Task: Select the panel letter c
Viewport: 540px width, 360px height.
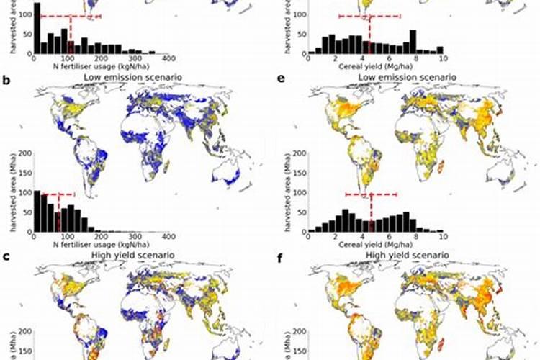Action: coord(6,256)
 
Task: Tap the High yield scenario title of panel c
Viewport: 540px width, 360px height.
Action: coord(125,256)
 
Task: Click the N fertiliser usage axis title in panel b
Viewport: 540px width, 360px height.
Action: coord(101,244)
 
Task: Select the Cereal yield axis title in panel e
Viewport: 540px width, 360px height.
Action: coord(374,244)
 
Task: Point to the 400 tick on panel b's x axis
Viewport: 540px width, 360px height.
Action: coord(168,237)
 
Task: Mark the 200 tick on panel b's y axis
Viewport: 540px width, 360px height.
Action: coord(24,153)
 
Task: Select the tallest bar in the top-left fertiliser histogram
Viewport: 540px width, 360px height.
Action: coord(37,29)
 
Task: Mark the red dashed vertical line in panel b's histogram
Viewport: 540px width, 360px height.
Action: coord(58,212)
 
